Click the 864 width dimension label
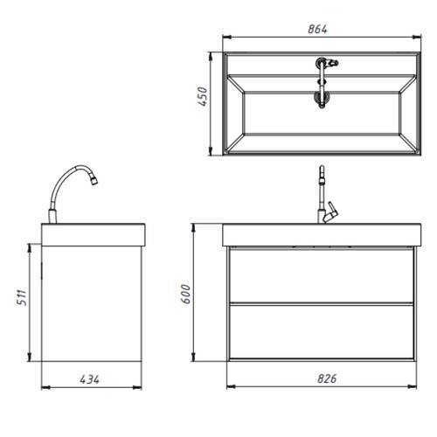point(317,29)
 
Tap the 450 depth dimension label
point(203,96)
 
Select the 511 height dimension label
point(22,297)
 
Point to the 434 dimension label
point(89,379)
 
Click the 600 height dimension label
point(185,295)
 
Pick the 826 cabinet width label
point(327,378)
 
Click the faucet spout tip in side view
point(94,181)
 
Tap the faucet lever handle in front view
point(331,212)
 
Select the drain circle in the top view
point(322,99)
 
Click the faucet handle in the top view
point(332,63)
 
